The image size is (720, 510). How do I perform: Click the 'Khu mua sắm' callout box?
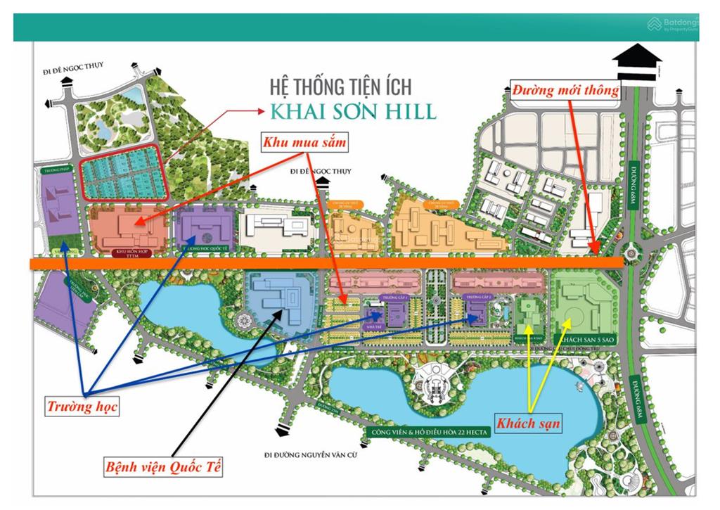(x=306, y=143)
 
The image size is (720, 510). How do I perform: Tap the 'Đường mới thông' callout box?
(x=565, y=90)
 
